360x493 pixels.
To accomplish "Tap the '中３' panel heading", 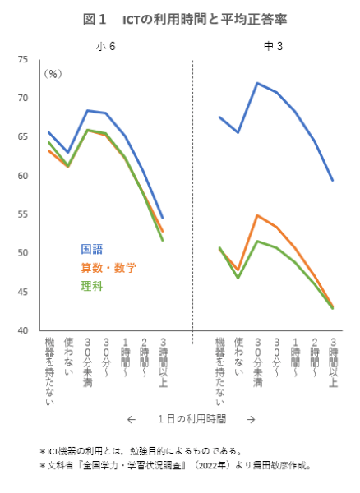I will click(x=274, y=46).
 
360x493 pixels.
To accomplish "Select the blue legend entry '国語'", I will click(x=91, y=249).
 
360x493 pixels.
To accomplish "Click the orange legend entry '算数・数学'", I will click(x=108, y=267).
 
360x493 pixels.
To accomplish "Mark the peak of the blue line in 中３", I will click(x=257, y=83).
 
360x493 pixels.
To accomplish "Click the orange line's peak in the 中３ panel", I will click(x=257, y=215).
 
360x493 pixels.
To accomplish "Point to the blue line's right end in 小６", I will click(x=162, y=218).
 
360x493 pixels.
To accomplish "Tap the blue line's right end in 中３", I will click(x=333, y=181).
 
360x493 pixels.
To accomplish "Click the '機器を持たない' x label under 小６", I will click(x=50, y=371).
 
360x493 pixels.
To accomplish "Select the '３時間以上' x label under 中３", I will click(x=333, y=362).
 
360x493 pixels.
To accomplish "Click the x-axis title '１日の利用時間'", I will click(x=192, y=419).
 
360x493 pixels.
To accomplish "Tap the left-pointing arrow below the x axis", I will click(x=131, y=419).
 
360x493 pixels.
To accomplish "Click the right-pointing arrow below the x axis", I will click(x=251, y=419).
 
